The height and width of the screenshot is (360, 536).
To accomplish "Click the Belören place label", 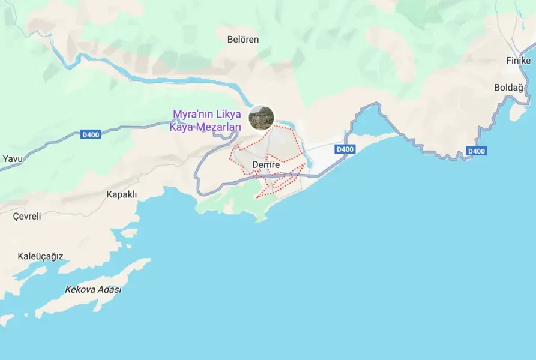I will pyautogui.click(x=243, y=40).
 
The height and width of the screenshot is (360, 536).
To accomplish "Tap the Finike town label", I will pyautogui.click(x=518, y=61).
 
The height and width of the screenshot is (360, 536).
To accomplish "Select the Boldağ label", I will pyautogui.click(x=508, y=87).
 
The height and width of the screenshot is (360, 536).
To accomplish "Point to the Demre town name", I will pyautogui.click(x=266, y=165).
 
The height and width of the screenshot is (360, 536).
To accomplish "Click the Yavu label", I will pyautogui.click(x=12, y=159).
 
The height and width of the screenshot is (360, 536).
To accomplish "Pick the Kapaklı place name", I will pyautogui.click(x=122, y=194).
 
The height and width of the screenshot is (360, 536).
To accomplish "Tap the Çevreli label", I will pyautogui.click(x=27, y=217).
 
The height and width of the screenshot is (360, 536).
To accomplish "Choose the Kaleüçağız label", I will pyautogui.click(x=40, y=256).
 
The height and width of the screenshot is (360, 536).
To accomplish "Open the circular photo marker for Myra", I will pyautogui.click(x=261, y=117).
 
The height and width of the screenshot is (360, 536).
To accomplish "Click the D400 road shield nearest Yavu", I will pyautogui.click(x=91, y=134).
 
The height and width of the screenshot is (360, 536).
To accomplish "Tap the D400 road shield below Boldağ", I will pyautogui.click(x=476, y=151).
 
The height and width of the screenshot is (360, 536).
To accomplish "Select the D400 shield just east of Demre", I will pyautogui.click(x=345, y=149).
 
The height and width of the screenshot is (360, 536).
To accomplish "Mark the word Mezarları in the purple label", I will pyautogui.click(x=220, y=127).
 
